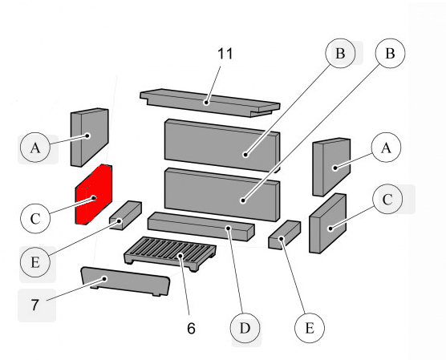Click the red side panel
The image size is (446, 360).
(x=95, y=194)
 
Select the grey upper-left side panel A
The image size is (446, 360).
(x=89, y=135)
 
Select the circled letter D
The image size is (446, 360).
(x=246, y=328)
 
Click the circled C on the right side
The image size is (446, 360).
(x=387, y=200)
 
